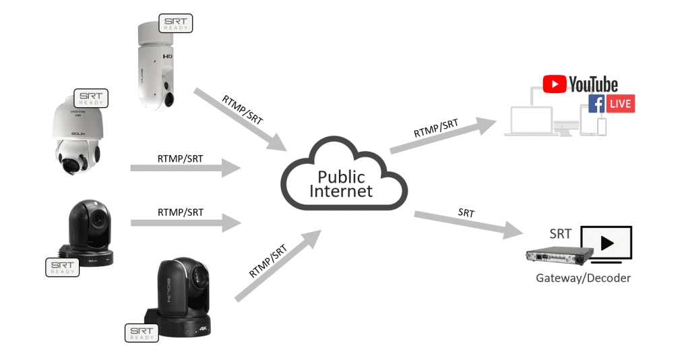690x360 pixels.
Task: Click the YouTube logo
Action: pyautogui.click(x=580, y=84)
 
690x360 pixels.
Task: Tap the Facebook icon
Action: pyautogui.click(x=596, y=104)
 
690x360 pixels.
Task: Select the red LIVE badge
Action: pyautogui.click(x=621, y=104)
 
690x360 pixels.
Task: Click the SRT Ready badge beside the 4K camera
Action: pyautogui.click(x=142, y=332)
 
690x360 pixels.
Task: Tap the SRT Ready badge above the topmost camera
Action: pyautogui.click(x=175, y=24)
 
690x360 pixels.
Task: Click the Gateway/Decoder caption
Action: pyautogui.click(x=583, y=278)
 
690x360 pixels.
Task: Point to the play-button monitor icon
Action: pyautogui.click(x=606, y=243)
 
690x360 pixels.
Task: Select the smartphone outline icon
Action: pyautogui.click(x=602, y=126)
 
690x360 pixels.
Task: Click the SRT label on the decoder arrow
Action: pyautogui.click(x=466, y=213)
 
